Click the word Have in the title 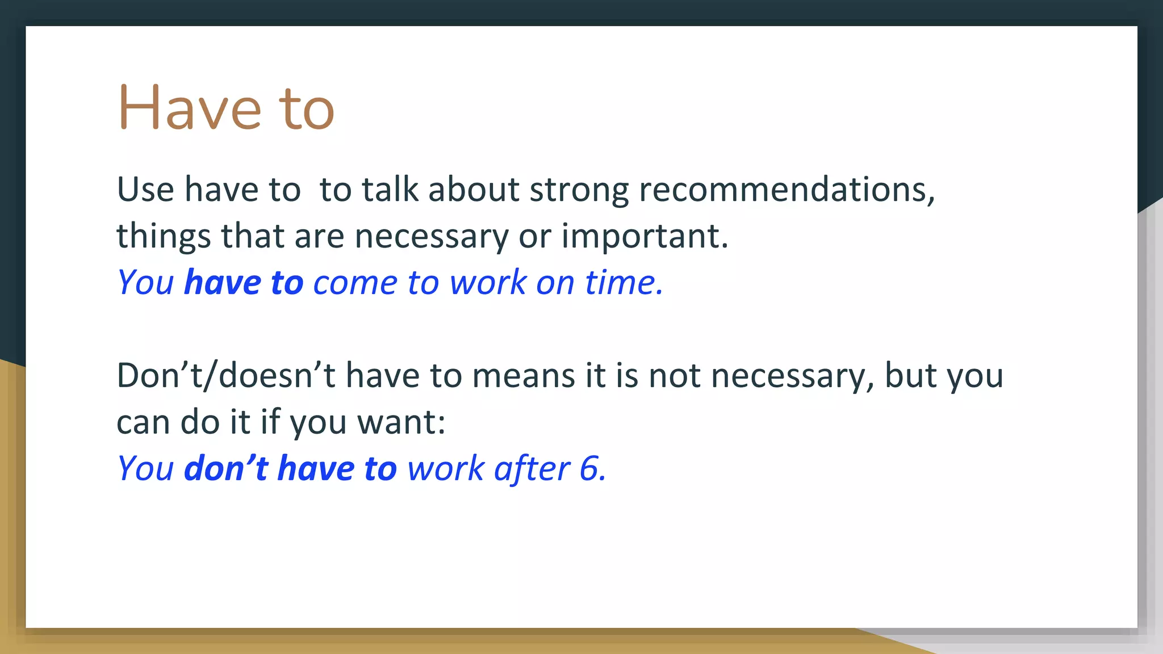(190, 108)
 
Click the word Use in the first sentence (145, 189)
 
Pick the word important (644, 236)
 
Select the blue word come (355, 283)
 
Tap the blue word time (623, 282)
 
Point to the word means (524, 376)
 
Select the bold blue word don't (225, 468)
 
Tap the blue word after (532, 469)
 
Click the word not (674, 376)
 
